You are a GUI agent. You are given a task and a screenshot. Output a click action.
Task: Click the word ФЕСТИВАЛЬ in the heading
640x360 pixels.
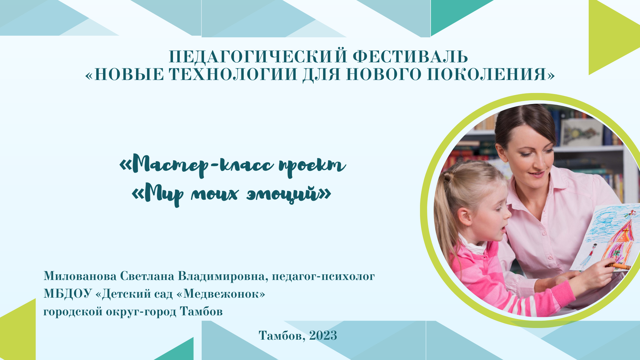point(410,57)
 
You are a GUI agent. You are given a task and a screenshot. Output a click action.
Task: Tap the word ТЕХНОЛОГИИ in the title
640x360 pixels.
point(233,74)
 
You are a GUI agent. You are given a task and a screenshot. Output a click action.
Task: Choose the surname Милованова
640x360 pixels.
point(80,276)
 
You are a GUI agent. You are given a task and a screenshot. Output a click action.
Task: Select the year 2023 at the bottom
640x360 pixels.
point(323,335)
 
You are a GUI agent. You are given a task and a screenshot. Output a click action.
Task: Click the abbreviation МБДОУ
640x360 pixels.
point(67,294)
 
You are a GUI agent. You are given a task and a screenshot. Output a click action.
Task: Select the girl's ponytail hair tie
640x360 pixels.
point(448,176)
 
